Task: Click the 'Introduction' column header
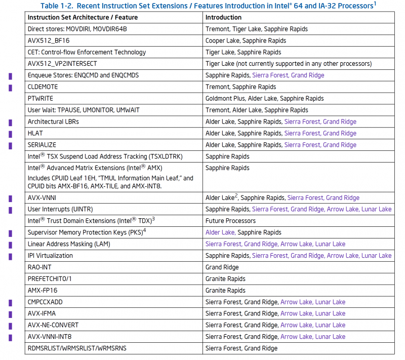point(223,17)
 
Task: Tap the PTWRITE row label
point(40,98)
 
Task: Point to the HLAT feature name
point(35,133)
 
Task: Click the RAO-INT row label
point(39,267)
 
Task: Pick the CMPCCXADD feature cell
point(45,302)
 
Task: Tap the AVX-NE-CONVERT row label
point(53,325)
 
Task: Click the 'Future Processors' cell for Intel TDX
point(230,221)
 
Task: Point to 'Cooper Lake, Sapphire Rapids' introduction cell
point(246,41)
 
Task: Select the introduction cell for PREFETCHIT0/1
point(225,279)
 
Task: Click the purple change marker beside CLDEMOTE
point(10,87)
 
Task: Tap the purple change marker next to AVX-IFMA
point(10,314)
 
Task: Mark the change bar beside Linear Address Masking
point(10,245)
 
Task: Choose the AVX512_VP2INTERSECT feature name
point(62,64)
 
